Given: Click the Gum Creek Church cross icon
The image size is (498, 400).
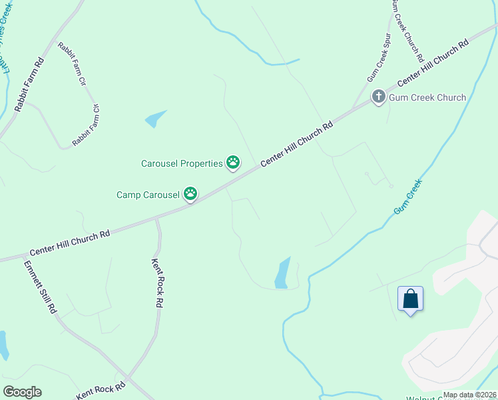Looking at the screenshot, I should coord(378,97).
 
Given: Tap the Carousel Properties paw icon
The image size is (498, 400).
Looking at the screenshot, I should coord(232,162).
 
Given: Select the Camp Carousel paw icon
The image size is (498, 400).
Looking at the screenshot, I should coord(190,194).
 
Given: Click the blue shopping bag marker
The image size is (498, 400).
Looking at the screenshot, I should coord(411,299).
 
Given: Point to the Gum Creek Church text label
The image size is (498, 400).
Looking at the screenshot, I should coord(427,97).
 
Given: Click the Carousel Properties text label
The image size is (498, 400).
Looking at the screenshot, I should coord(181,163).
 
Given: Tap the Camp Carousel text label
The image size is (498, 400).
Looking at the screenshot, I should coord(148,195).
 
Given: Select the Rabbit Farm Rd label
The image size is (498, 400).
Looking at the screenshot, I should coord(29,83).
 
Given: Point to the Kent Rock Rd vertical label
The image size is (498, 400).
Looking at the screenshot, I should coord(157,282).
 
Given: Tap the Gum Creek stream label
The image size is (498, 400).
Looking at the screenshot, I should coord(407,199).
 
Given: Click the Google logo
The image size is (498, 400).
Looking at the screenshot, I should coord(22,392).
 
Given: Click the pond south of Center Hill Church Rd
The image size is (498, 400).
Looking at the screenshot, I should coord(282,273).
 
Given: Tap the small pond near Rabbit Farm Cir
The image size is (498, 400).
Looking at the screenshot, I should coord(155,119).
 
